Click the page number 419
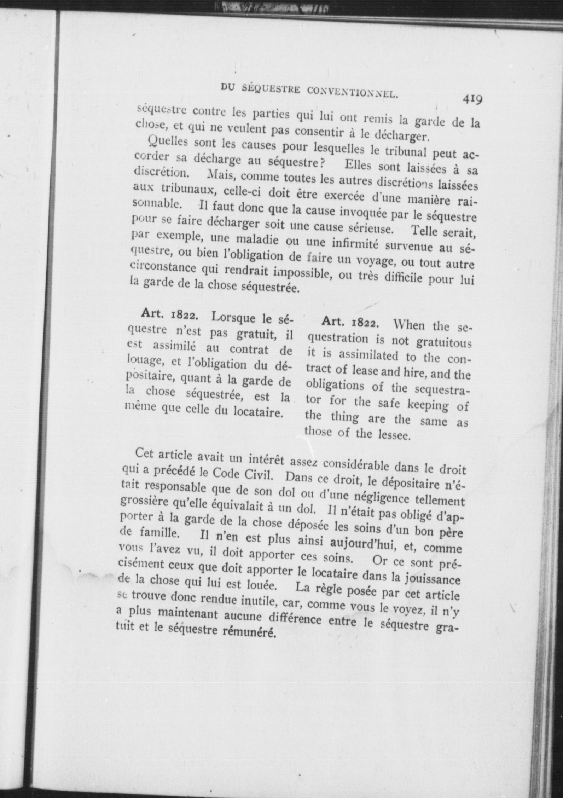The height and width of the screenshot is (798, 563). click(x=472, y=100)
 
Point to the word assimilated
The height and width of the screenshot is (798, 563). click(x=368, y=356)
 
